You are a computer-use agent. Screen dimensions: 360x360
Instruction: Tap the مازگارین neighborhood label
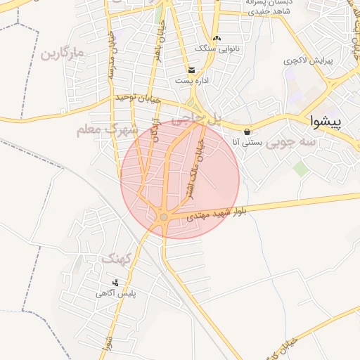point(62,53)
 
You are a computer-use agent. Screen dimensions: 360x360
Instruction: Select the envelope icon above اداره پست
point(191,70)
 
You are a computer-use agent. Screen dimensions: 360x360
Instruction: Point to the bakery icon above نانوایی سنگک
point(217,38)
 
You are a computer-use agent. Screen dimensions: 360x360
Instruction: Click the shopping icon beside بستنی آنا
point(247,132)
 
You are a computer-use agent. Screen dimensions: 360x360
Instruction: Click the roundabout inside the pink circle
point(164,217)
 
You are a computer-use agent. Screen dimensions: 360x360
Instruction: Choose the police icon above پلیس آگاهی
point(116,283)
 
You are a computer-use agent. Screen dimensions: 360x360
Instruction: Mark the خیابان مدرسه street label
point(110,55)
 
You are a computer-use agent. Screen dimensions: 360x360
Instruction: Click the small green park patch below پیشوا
point(301,169)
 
